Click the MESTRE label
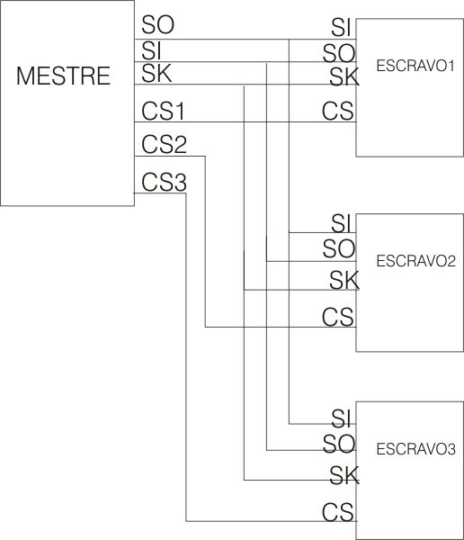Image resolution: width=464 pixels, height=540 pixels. pyautogui.click(x=63, y=76)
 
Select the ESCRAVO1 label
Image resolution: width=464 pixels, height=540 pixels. pyautogui.click(x=415, y=66)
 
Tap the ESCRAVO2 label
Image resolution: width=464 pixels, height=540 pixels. pyautogui.click(x=415, y=261)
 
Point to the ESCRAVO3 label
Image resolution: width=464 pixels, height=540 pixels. pyautogui.click(x=415, y=449)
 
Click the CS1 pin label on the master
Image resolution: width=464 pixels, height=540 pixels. pyautogui.click(x=163, y=112)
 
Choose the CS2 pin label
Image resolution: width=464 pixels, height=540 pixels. pyautogui.click(x=164, y=145)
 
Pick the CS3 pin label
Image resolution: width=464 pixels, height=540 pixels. pyautogui.click(x=164, y=182)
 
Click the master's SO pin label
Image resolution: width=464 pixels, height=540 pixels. pyautogui.click(x=158, y=25)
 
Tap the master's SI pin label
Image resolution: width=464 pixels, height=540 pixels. pyautogui.click(x=151, y=50)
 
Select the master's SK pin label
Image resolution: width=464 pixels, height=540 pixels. pyautogui.click(x=156, y=73)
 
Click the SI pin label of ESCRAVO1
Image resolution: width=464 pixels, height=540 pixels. pyautogui.click(x=341, y=28)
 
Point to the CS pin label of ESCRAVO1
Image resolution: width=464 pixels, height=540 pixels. pyautogui.click(x=338, y=111)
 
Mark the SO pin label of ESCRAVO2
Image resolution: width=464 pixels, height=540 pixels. pyautogui.click(x=339, y=248)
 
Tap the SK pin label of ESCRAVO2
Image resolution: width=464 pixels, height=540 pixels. pyautogui.click(x=344, y=280)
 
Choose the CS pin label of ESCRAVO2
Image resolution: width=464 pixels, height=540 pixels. pyautogui.click(x=338, y=317)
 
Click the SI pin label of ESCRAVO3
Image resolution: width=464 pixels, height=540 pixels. pyautogui.click(x=341, y=418)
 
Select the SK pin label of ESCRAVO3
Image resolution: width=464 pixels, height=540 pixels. pyautogui.click(x=344, y=475)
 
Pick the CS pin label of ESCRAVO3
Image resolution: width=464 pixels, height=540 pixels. pyautogui.click(x=338, y=512)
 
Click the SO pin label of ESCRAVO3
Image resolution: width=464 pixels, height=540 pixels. pyautogui.click(x=339, y=444)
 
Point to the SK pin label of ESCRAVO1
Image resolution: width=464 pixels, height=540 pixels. pyautogui.click(x=344, y=76)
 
